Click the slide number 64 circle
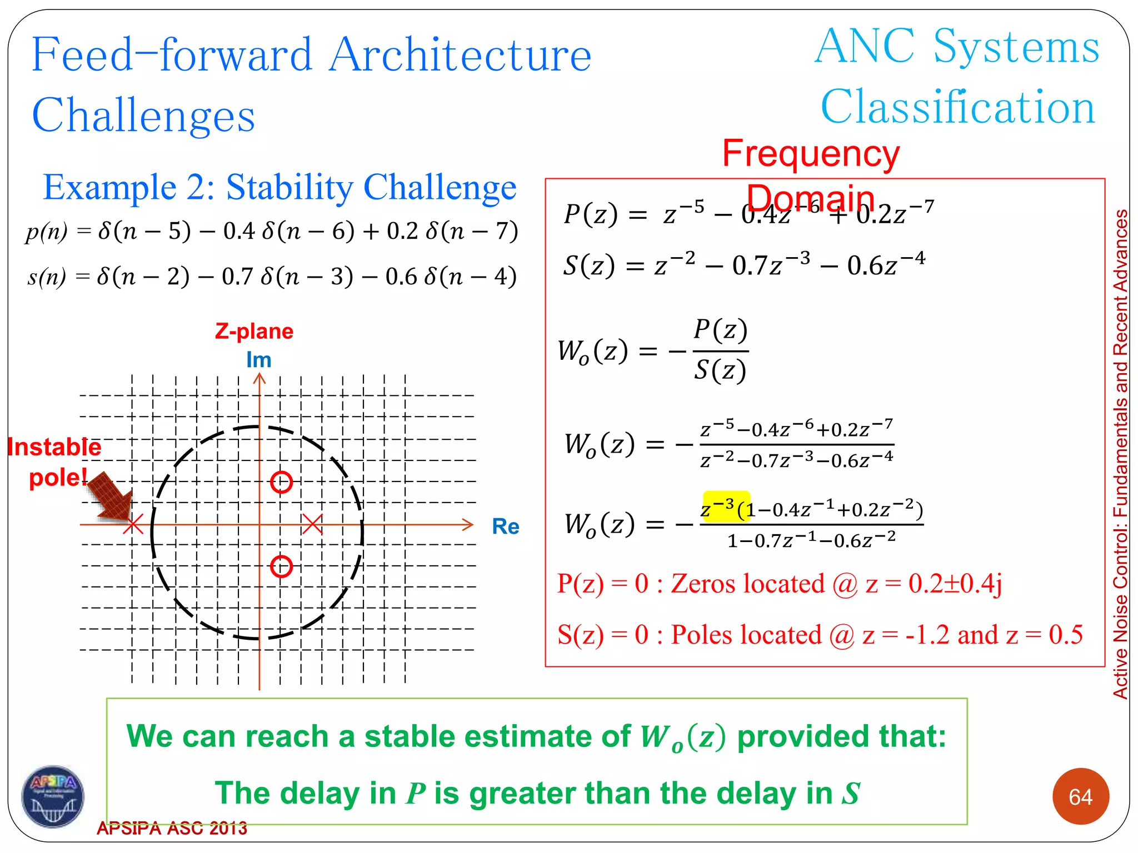pos(1080,796)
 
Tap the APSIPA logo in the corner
pos(53,796)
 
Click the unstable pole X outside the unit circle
pos(133,524)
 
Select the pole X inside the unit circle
pos(312,524)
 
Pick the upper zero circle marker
pos(281,482)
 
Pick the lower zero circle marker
pos(281,566)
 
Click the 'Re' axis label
pos(505,526)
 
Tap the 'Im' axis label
pos(259,360)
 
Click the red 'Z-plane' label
pos(254,331)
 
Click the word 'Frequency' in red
pos(811,153)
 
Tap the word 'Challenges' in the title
pos(143,115)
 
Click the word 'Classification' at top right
pos(957,107)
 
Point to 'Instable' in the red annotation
pos(54,447)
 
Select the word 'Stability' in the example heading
pos(290,187)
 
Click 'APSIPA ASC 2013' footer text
pos(172,828)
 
